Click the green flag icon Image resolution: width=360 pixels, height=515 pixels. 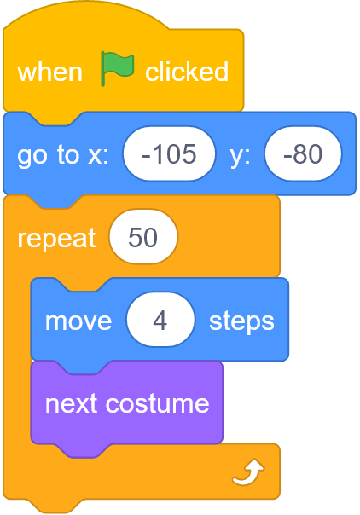point(117,68)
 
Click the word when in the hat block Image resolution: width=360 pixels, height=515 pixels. point(49,72)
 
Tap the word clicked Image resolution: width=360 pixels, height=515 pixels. point(187,72)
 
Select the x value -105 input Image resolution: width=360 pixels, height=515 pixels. point(169,153)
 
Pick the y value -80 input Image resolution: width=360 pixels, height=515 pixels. point(303,153)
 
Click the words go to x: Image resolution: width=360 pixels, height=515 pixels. point(63,155)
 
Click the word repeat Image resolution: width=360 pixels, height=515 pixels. point(56,238)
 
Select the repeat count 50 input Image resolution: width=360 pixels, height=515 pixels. point(143,236)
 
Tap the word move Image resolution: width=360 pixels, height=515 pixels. point(78,321)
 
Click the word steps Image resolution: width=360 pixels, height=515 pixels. point(241,321)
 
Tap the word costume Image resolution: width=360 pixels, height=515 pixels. point(157,403)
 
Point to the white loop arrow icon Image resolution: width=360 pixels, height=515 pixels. point(248,472)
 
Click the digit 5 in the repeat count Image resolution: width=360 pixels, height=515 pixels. point(135,237)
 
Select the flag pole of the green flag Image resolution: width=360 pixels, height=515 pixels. point(103,69)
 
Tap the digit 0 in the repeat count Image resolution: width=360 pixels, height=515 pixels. point(150,237)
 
